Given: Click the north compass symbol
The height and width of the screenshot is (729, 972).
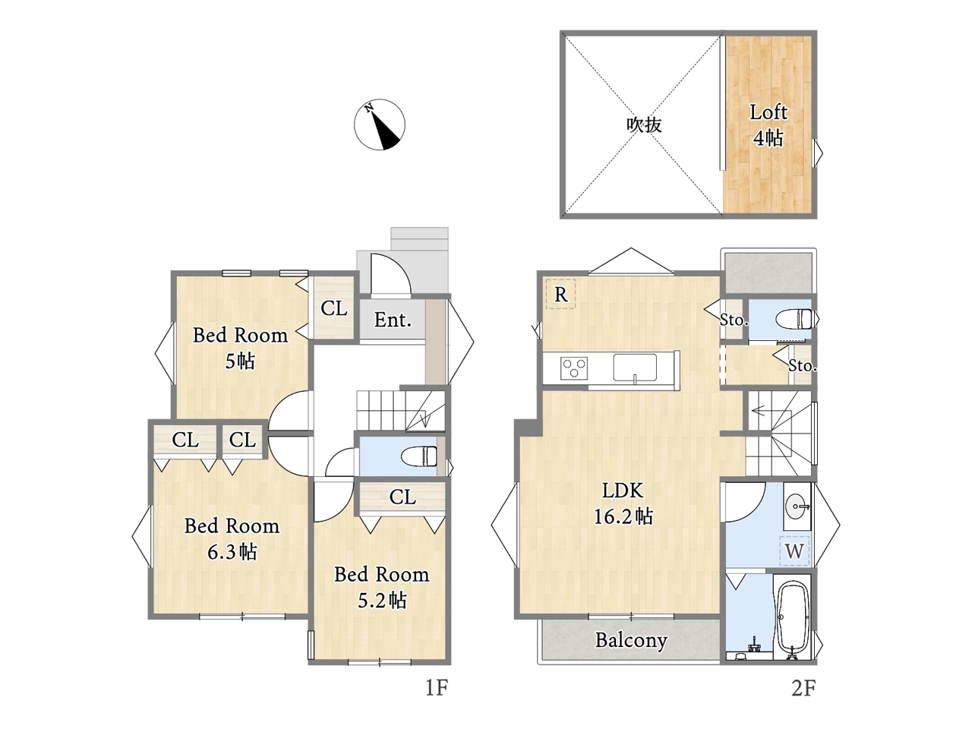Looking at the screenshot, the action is coord(379,125).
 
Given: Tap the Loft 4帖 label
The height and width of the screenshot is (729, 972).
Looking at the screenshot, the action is coord(768,125).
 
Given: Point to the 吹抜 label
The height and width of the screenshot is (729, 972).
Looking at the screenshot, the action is coord(644,125).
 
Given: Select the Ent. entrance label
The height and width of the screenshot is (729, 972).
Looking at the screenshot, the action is coord(393,320).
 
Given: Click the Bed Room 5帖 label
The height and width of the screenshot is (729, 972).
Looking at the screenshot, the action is coord(241,348).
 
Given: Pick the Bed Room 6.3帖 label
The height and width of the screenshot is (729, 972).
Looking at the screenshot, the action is coord(232,538).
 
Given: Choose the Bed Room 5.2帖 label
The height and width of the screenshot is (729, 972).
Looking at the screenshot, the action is coord(382,587).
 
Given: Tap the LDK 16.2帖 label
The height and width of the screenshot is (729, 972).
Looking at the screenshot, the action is coord(623,503).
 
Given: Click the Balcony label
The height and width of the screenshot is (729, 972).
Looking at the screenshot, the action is coord(631,640).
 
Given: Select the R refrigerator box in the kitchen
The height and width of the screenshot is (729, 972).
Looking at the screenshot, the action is coord(560,294).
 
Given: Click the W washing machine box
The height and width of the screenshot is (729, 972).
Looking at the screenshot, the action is coord(794,551).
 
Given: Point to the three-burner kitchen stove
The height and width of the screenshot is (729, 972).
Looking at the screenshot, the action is coord(574,368).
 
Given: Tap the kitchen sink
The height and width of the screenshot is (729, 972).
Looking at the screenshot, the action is coord(635,368).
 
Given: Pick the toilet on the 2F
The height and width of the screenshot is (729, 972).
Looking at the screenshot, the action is coord(794,319).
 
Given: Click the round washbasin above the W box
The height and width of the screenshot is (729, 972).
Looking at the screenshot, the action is coord(797,506).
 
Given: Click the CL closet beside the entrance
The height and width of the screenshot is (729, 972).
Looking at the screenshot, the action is coord(334,308).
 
